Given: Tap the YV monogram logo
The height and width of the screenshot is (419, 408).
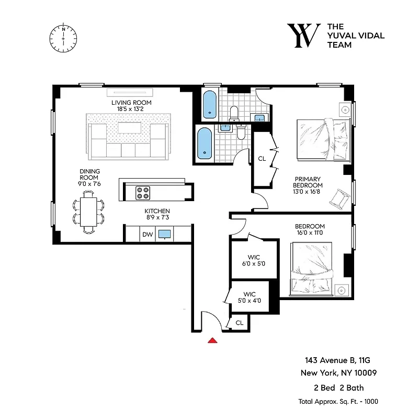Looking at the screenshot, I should tap(304, 36).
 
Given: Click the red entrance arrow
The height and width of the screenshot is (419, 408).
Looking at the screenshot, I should tap(212, 340).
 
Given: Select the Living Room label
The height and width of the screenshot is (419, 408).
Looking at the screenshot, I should tap(131, 103).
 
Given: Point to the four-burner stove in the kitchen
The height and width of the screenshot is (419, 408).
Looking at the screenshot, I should tap(143, 193).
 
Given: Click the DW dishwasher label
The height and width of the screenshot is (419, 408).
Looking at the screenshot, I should tap(148, 235).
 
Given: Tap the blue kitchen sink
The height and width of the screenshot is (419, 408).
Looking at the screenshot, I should tap(165, 234).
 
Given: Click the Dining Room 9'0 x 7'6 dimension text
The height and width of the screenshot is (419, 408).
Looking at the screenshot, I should tap(90, 183).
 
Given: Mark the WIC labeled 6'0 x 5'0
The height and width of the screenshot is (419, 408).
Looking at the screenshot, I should tap(254, 263).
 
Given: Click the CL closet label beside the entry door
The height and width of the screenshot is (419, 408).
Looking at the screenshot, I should tap(239, 323).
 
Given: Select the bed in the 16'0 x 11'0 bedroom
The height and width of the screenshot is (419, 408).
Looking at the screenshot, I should tap(312, 268).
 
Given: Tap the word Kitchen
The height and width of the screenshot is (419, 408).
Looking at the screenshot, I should tap(157, 211).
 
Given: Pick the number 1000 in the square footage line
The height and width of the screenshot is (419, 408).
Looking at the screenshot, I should tap(369, 401).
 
